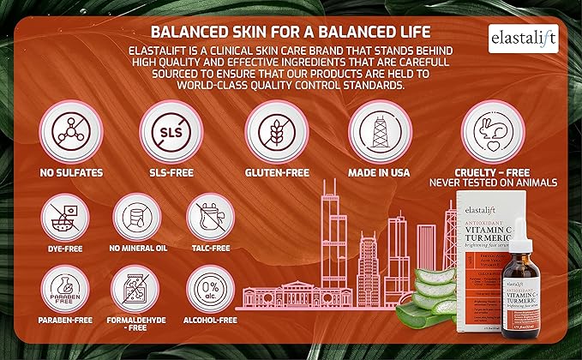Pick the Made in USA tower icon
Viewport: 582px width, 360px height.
click(375, 130)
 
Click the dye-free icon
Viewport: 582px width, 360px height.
click(63, 217)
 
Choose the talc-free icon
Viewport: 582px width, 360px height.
click(209, 217)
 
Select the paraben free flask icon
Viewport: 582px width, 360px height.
click(63, 286)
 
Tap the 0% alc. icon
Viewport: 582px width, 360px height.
click(209, 286)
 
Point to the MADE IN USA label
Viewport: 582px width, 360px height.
click(375, 172)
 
